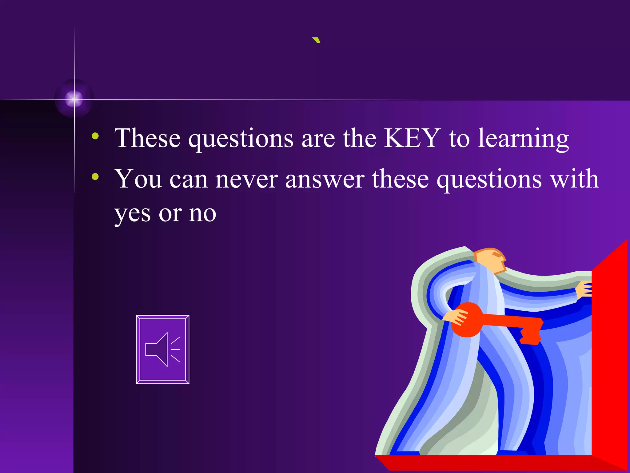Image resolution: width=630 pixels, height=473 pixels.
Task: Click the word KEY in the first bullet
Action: point(412,138)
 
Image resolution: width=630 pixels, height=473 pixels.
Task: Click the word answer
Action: point(325,179)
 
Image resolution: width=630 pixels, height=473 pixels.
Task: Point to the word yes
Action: point(132,214)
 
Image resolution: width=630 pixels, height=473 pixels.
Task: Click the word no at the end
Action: point(202,214)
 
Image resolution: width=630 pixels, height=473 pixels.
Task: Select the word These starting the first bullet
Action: point(147,138)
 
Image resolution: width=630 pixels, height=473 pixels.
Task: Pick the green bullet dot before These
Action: point(95,136)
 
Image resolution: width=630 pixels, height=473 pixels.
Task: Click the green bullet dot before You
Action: point(95,176)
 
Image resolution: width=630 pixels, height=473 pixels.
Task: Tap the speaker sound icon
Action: point(163,350)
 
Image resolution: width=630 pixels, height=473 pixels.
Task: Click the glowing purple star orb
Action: point(74,99)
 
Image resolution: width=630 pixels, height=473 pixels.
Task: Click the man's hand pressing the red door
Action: point(584,289)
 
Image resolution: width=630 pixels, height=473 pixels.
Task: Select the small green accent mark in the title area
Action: point(316,40)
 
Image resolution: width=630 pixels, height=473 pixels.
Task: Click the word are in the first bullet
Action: point(318,139)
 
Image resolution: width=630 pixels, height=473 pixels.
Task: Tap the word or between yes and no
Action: point(170,214)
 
